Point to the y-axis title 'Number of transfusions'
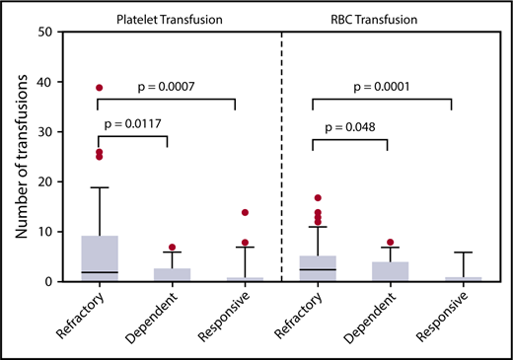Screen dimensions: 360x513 [21, 156]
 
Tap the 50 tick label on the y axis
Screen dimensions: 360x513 [46, 32]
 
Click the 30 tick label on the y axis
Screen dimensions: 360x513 [46, 131]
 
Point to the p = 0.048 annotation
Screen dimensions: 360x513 [349, 127]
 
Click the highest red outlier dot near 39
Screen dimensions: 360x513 [100, 88]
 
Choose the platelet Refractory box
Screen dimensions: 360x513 [100, 257]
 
